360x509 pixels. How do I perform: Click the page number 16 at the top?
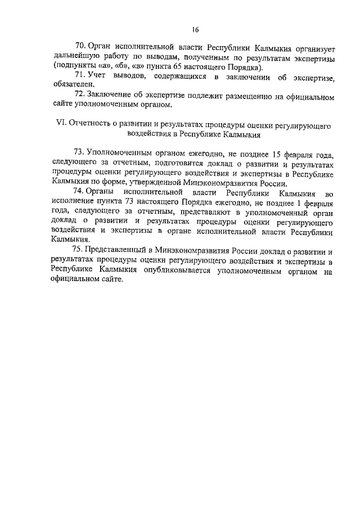[195, 30]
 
